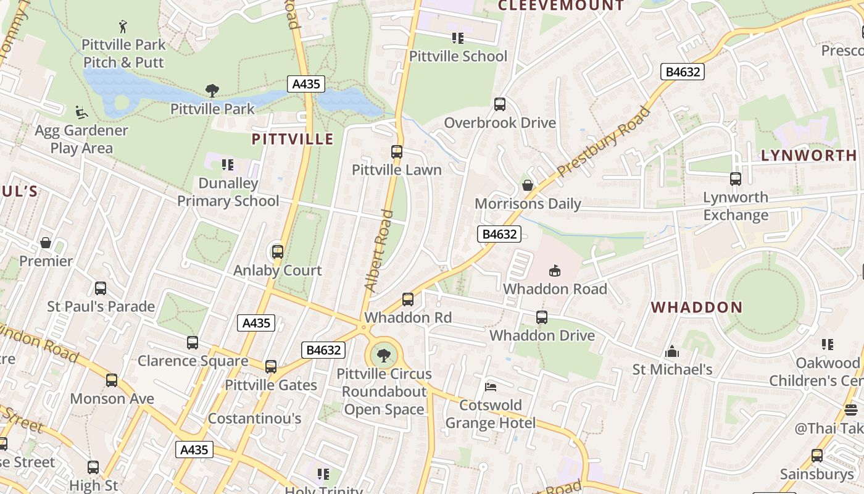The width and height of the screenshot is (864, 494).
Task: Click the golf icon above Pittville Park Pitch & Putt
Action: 123,27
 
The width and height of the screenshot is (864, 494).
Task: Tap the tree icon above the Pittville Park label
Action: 212,91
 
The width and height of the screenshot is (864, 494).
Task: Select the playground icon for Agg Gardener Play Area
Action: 81,112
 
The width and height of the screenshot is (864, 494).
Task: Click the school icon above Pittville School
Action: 458,38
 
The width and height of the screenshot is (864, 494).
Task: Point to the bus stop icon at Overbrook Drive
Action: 500,104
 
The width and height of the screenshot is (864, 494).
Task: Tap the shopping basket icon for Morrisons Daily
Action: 528,185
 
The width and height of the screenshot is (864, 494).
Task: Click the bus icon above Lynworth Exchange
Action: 736,179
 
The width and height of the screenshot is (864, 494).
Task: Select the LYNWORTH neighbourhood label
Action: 808,156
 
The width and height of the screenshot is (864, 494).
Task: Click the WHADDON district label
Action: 697,308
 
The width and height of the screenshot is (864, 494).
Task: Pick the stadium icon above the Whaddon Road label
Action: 555,270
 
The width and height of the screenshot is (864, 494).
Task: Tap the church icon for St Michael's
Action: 672,352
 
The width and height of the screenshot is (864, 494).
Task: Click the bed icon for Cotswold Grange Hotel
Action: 491,387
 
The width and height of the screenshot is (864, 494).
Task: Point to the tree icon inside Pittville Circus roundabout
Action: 384,355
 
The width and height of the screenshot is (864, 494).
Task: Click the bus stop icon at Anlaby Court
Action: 278,252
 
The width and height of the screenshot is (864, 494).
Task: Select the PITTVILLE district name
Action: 293,139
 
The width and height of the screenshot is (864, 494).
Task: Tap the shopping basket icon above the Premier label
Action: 46,243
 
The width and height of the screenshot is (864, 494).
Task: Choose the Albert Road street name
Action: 379,251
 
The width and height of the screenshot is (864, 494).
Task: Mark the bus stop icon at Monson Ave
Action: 112,380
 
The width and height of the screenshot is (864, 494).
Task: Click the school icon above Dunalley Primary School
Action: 228,165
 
